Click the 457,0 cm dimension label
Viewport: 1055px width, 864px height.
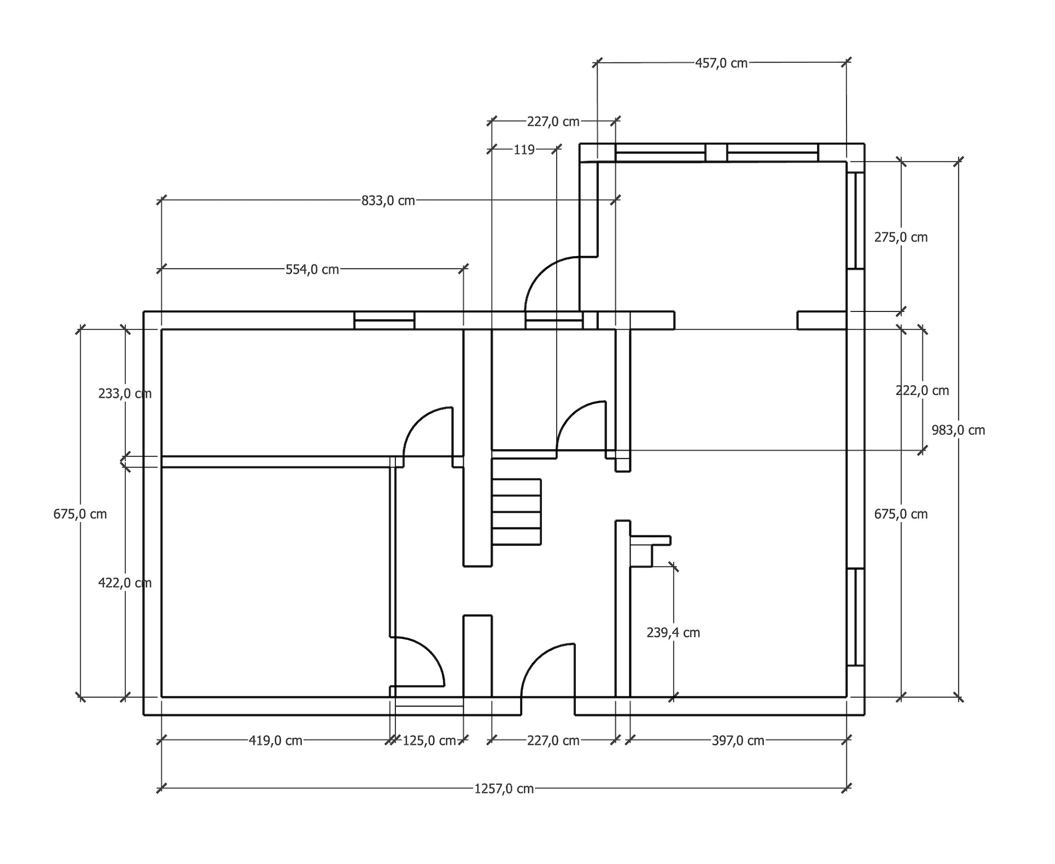pyautogui.click(x=721, y=63)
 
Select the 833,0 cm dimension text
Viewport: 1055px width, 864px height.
pyautogui.click(x=388, y=200)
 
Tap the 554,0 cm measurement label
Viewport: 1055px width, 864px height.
pyautogui.click(x=312, y=269)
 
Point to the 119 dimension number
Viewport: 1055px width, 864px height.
pyautogui.click(x=523, y=150)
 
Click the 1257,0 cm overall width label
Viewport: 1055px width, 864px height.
pyautogui.click(x=503, y=789)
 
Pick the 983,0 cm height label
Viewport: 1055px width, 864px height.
pyautogui.click(x=958, y=430)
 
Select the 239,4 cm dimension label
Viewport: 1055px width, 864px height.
pyautogui.click(x=673, y=632)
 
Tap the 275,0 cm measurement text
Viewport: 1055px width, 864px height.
pyautogui.click(x=900, y=237)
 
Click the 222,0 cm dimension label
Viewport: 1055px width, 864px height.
pyautogui.click(x=922, y=391)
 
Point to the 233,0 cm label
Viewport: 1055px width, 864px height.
pyautogui.click(x=125, y=394)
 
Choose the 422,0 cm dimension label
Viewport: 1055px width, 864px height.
pyautogui.click(x=125, y=583)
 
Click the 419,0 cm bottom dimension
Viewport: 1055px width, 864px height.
pyautogui.click(x=275, y=741)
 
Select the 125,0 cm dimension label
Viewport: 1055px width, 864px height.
pyautogui.click(x=429, y=741)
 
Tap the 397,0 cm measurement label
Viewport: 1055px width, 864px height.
pyautogui.click(x=738, y=741)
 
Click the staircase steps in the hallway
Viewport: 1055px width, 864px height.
pyautogui.click(x=517, y=512)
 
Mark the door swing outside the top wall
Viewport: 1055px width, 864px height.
pyautogui.click(x=549, y=284)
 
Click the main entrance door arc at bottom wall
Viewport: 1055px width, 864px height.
pyautogui.click(x=544, y=669)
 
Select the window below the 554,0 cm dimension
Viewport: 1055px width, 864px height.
pyautogui.click(x=384, y=321)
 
